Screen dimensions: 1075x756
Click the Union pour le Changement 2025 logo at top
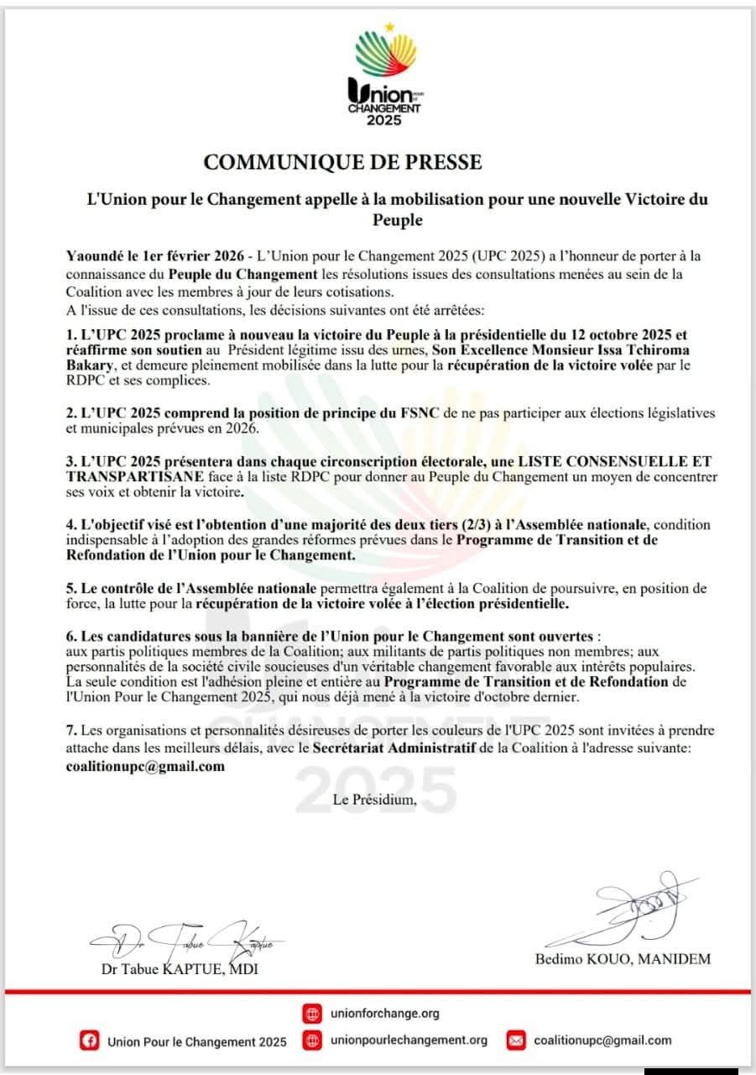tap(385, 76)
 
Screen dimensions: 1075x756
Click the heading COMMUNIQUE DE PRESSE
tap(343, 160)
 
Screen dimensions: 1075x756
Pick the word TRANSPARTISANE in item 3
tap(117, 476)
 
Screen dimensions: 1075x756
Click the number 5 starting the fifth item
tap(71, 587)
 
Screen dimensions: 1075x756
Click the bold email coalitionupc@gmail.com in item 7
tap(145, 766)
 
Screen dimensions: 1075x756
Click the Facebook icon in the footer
tap(88, 1041)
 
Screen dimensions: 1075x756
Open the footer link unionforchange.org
tap(385, 1014)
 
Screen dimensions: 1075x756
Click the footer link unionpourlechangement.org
tap(409, 1040)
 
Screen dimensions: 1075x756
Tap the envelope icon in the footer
tap(516, 1041)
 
